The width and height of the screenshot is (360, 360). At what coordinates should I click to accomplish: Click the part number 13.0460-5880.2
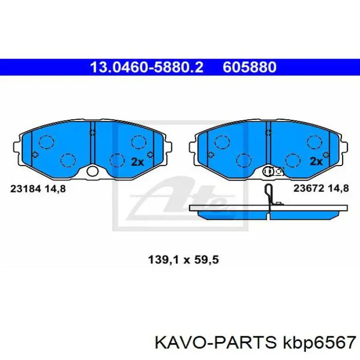coord(147,67)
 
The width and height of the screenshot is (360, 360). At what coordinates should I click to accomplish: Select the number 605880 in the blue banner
coord(250,67)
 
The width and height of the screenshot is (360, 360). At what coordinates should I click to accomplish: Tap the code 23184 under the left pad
coord(24,188)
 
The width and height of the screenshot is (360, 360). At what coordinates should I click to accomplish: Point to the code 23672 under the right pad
coord(307,188)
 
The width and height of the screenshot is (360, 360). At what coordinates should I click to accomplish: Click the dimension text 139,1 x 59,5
coord(180,260)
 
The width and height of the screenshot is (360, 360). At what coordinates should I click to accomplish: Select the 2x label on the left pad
coord(137,161)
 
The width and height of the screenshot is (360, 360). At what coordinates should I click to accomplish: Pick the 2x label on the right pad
coord(315,161)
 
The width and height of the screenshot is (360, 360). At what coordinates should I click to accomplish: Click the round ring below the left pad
coord(93,171)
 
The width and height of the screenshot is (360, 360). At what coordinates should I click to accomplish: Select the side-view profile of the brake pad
coord(267,212)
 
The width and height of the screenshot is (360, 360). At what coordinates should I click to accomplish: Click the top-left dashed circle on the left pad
coord(47,141)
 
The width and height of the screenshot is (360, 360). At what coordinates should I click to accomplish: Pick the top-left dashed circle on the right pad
coord(223,141)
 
